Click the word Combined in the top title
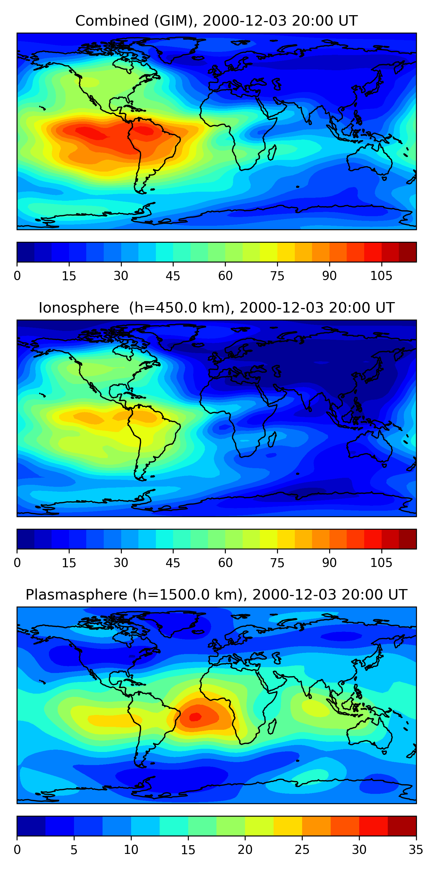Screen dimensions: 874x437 point(112,21)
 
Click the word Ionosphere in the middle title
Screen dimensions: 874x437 point(79,308)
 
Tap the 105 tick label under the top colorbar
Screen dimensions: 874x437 point(381,276)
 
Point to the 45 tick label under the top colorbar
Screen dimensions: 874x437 point(173,276)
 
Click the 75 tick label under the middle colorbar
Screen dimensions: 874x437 point(277,563)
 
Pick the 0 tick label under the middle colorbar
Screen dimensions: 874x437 point(17,563)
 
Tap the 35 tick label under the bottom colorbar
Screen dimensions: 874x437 point(416,850)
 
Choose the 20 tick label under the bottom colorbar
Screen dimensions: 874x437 point(245,850)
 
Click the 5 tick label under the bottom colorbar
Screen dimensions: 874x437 point(74,850)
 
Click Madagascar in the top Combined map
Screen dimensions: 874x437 point(272,152)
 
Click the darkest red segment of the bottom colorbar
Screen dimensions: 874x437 point(402,826)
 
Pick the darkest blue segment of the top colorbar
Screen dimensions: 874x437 point(26,252)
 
